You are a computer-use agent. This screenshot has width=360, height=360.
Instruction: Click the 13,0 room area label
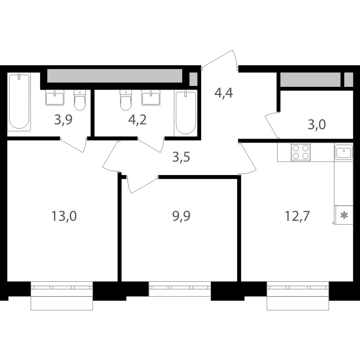coord(64,216)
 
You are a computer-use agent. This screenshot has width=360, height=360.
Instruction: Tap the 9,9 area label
coord(181,216)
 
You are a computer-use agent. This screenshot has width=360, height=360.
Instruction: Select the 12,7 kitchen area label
coord(297,216)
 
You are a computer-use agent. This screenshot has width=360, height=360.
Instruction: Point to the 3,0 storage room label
coord(317,125)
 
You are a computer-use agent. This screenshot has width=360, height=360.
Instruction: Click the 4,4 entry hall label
coord(224,93)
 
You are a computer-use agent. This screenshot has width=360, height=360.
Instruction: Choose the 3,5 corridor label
coord(181,157)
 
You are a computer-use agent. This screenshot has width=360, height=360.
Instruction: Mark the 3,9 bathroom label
coord(63,120)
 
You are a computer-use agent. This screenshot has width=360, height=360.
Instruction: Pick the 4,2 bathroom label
coord(137,120)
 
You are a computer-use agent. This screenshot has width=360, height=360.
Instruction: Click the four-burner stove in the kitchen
coord(301,152)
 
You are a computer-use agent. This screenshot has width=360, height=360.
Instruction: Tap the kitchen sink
coord(343,152)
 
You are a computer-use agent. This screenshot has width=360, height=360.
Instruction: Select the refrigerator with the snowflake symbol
coord(344,215)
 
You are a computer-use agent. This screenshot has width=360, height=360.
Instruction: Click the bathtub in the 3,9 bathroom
coord(19,102)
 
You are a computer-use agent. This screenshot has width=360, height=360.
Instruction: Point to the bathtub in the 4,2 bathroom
coord(186,113)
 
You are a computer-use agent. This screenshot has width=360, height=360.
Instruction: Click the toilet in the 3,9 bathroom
coord(80,100)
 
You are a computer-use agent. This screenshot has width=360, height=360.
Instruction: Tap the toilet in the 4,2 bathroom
coord(126,100)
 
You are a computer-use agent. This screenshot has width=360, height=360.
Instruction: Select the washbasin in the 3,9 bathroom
coord(55,98)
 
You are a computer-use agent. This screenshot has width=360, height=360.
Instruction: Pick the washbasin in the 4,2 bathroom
coord(151,98)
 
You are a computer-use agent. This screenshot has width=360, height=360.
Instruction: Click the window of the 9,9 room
coord(180,289)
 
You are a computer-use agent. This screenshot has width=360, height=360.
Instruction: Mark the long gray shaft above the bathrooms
coord(115,76)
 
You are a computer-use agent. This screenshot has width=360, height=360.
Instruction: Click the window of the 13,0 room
coord(62,296)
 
